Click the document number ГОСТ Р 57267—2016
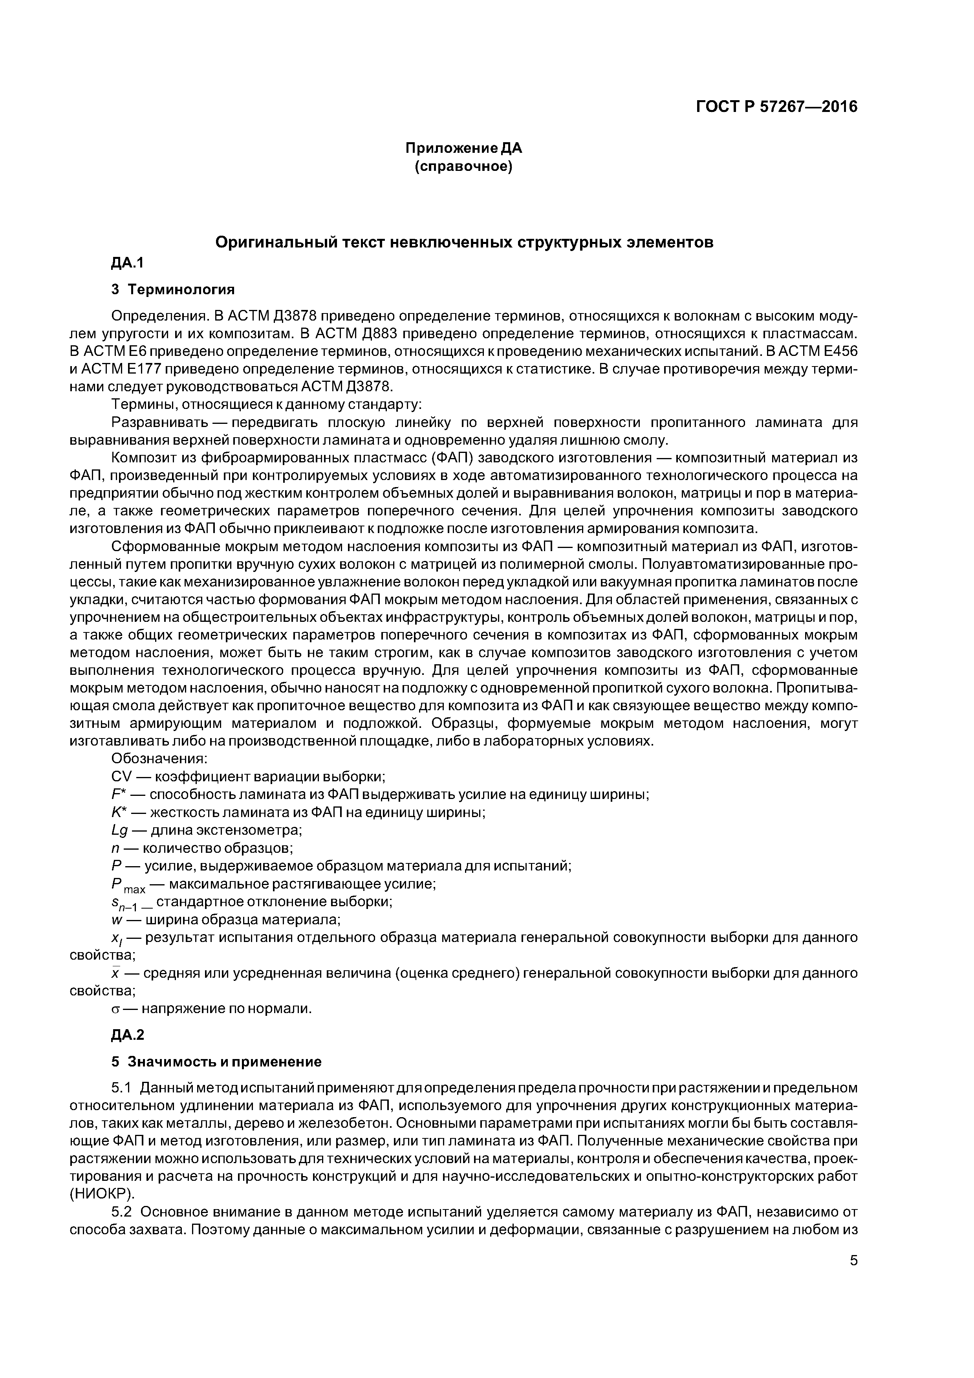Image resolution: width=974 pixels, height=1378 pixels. tap(776, 107)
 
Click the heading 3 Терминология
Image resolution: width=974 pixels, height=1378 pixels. tap(173, 290)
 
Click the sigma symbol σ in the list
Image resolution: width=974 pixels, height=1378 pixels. tap(116, 1009)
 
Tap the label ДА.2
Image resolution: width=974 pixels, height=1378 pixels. tap(128, 1035)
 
